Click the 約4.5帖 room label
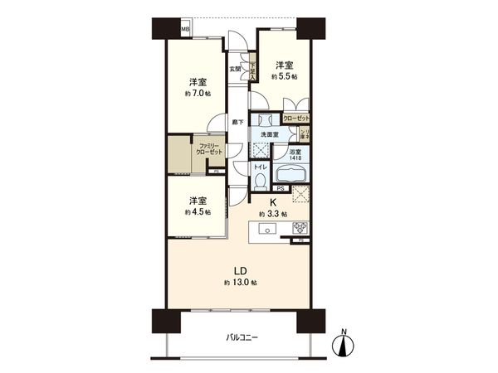tap(198, 211)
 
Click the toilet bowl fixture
tap(259, 177)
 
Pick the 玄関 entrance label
tap(236, 69)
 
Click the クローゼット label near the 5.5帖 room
tap(295, 119)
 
